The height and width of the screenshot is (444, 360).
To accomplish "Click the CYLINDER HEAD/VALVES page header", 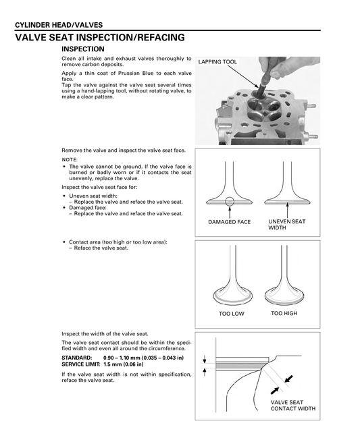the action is click(59, 25).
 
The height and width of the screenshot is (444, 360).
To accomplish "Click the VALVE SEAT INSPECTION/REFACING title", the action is click(100, 37).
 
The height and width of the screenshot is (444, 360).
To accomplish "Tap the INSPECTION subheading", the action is click(83, 49).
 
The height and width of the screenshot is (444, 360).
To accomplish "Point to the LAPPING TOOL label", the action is click(217, 61).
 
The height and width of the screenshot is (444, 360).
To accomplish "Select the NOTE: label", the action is click(70, 159).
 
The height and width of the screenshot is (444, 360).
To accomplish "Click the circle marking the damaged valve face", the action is click(230, 202).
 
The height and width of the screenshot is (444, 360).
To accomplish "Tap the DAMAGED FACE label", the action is click(230, 222).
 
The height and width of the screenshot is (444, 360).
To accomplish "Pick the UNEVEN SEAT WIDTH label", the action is click(287, 225).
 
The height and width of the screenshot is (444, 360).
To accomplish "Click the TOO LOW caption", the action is click(231, 314).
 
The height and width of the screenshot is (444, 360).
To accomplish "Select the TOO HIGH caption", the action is click(284, 313).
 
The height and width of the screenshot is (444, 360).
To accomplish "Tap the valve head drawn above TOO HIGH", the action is click(284, 296).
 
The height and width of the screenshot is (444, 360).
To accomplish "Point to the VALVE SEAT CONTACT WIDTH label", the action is click(293, 406).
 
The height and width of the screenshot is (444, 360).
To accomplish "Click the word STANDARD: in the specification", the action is click(77, 358).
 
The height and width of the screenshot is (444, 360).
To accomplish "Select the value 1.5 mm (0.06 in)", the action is click(124, 364).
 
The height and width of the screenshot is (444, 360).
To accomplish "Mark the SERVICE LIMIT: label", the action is click(81, 364).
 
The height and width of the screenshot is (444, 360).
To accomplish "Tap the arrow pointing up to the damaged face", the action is click(230, 213).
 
